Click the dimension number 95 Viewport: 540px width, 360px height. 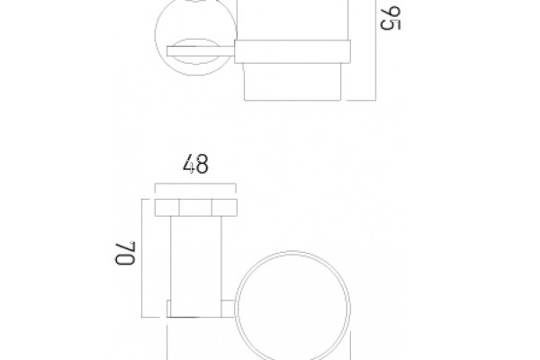tap(391, 18)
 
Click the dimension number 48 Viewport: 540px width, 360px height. tap(195, 164)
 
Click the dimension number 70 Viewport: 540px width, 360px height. tap(125, 253)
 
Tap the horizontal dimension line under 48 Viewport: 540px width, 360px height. tap(195, 184)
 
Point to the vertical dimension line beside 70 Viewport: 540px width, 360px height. tap(142, 258)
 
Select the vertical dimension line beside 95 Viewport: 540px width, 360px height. tap(375, 50)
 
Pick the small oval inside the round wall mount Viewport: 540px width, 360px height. tap(195, 51)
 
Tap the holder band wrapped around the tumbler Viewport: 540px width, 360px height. tap(292, 51)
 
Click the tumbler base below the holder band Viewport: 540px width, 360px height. tap(292, 82)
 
